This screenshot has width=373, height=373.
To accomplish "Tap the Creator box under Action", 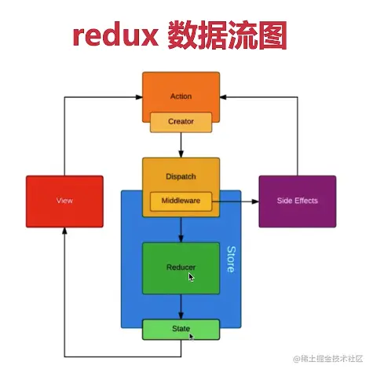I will click(181, 123).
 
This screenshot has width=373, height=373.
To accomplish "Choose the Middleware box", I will click(181, 201).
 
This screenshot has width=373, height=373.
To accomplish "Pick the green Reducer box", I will click(181, 268).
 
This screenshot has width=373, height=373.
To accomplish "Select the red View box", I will click(64, 201).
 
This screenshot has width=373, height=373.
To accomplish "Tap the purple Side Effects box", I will click(298, 201).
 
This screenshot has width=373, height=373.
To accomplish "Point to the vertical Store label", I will click(230, 260).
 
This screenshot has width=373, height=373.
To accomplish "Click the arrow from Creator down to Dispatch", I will click(181, 146).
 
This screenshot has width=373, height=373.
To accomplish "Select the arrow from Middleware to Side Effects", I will click(236, 201).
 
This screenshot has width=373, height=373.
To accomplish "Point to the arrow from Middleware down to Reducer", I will click(181, 228).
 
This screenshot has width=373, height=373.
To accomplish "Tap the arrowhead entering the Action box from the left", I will click(137, 97).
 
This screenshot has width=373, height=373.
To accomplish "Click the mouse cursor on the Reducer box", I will click(192, 277).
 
